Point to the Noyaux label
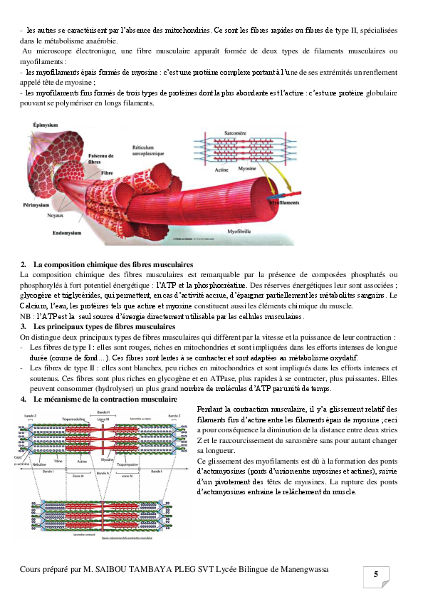[x=55, y=215]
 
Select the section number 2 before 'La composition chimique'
[x=23, y=265]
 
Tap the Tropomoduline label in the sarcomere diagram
[x=74, y=420]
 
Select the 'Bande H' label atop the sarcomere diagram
[x=103, y=413]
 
